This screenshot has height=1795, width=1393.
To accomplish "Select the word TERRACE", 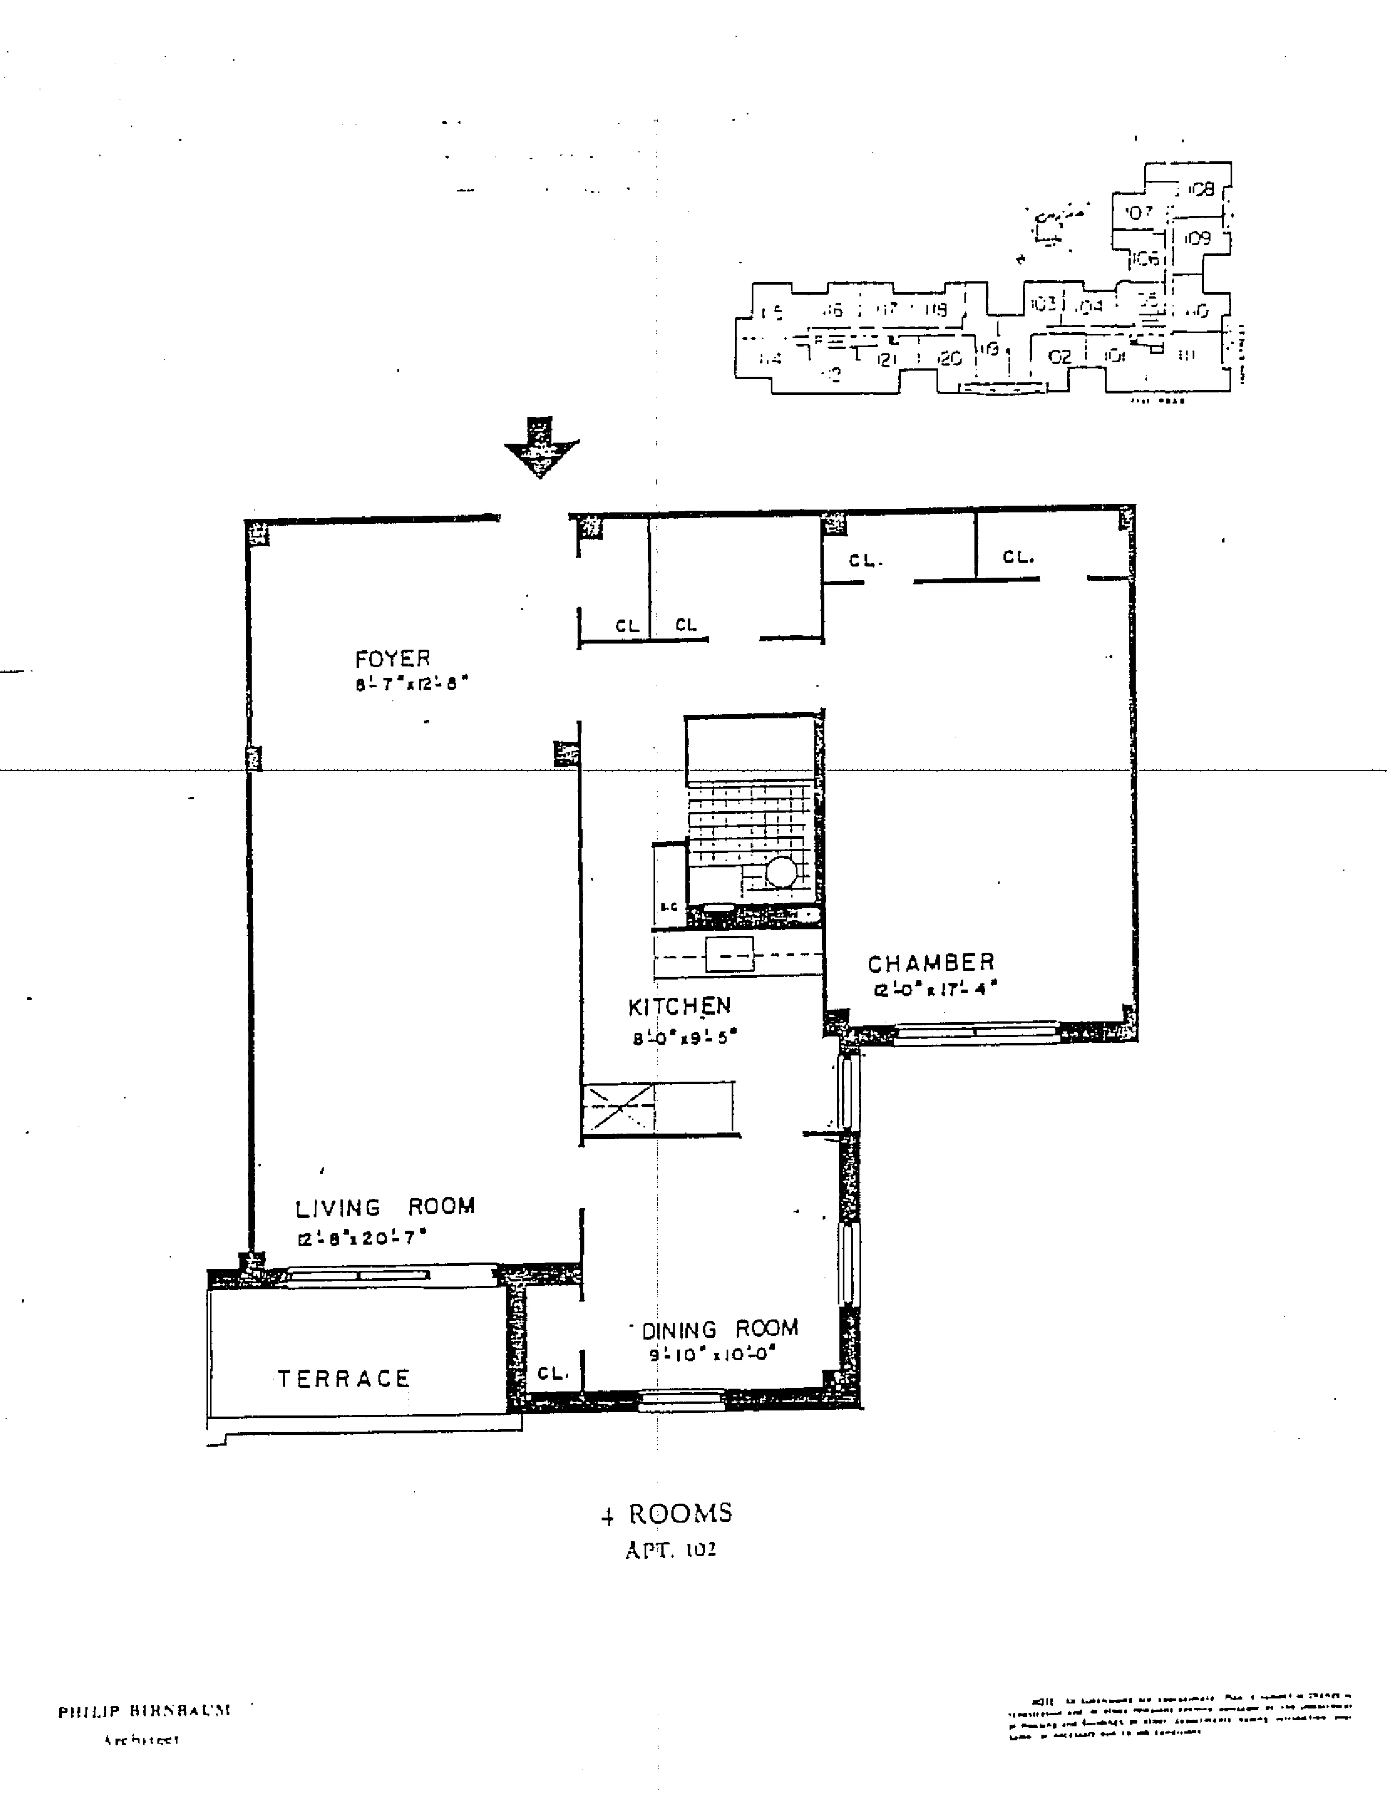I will [x=344, y=1378].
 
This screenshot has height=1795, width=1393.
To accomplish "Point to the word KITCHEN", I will [x=679, y=1006].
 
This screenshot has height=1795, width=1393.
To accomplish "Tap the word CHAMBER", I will [x=930, y=962].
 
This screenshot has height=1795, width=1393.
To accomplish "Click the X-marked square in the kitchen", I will [x=618, y=1108].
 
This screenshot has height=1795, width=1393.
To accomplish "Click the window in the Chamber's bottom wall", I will [x=976, y=1032].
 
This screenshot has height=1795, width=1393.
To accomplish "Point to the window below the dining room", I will [x=681, y=1400].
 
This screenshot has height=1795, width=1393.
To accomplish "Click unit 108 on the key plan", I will [x=1200, y=189].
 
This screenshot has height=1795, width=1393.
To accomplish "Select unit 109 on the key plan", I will [x=1198, y=238].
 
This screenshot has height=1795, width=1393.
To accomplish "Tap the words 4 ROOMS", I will [x=666, y=1514].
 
